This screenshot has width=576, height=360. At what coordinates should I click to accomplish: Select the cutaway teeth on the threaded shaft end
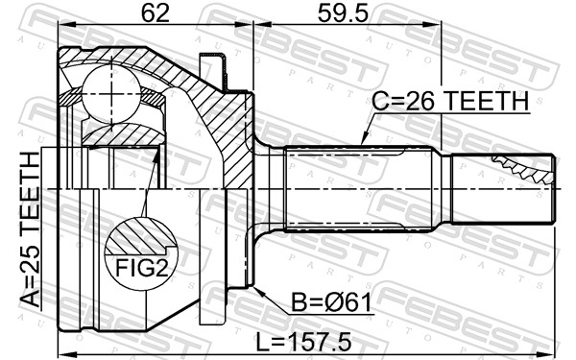(x=523, y=170)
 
